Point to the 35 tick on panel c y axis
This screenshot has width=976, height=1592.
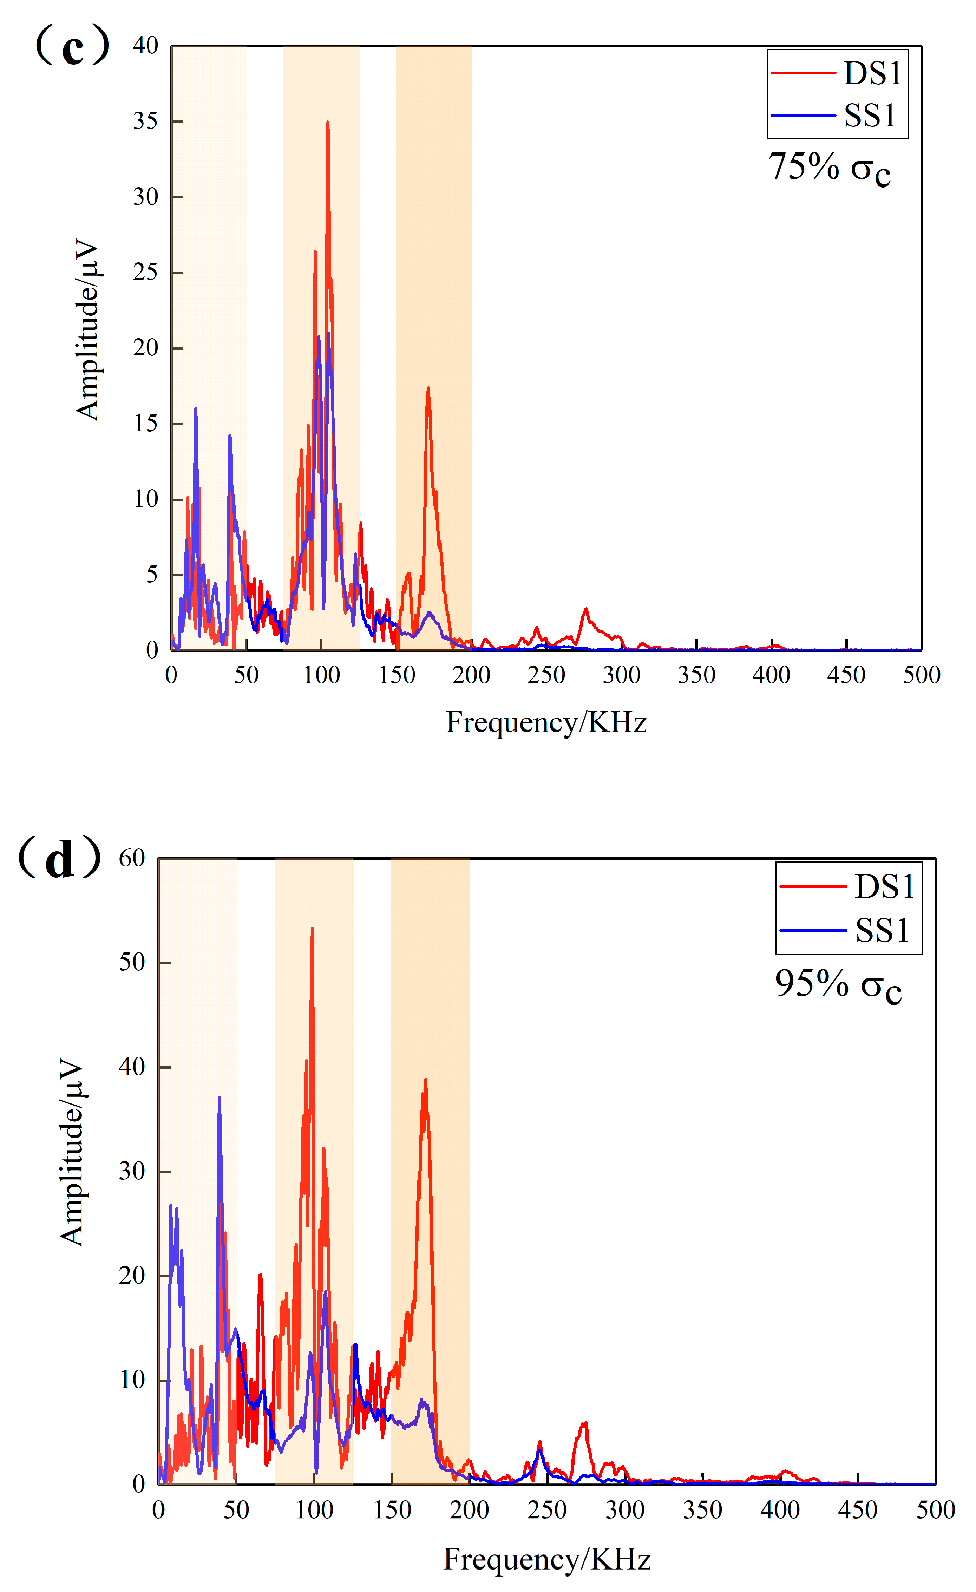(x=146, y=122)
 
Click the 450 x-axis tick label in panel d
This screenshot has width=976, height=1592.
(x=858, y=1510)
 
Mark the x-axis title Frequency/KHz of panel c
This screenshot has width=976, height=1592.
(x=546, y=722)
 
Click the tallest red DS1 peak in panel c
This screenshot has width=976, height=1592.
(x=327, y=122)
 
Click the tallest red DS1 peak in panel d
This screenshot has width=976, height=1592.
(x=312, y=929)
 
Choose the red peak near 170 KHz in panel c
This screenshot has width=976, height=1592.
(x=428, y=388)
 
